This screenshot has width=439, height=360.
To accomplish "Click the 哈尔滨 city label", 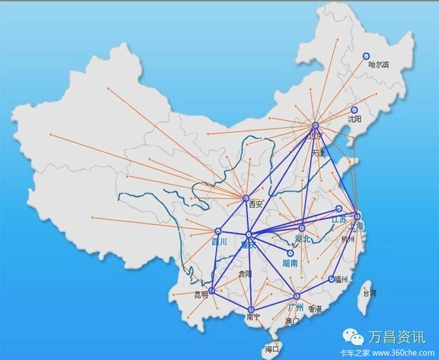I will click(379, 64).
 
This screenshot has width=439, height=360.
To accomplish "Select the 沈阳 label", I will click(355, 119).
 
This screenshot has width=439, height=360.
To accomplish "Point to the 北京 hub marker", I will click(316, 125).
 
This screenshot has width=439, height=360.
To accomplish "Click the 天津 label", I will click(319, 153).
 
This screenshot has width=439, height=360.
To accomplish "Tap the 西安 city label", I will click(255, 204).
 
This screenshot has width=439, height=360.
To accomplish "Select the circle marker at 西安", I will click(246, 198).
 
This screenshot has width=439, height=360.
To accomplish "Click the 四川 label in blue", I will click(219, 241).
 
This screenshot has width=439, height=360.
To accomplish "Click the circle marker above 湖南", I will click(290, 253).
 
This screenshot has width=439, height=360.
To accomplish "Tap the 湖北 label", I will click(303, 238).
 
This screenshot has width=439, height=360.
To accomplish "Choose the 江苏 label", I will click(339, 219).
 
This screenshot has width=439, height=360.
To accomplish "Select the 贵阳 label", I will click(245, 274).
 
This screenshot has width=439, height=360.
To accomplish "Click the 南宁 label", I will click(254, 317).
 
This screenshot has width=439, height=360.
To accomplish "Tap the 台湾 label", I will click(369, 293).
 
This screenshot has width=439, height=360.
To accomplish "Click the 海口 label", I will click(272, 349).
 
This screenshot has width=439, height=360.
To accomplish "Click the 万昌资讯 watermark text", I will click(396, 337).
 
